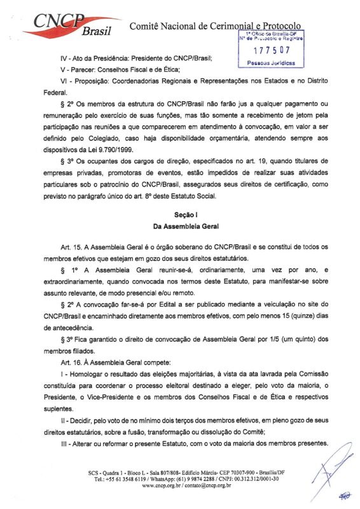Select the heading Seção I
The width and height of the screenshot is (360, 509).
coord(181,215)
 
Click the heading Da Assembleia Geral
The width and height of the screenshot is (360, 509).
coord(181,226)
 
